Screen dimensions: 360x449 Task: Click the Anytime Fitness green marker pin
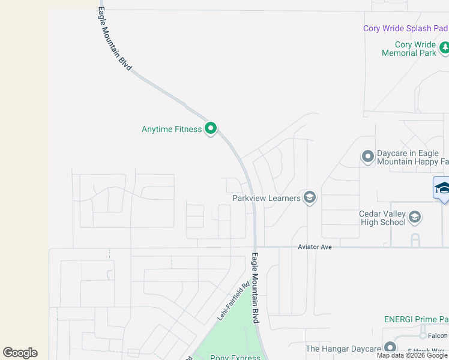[211, 128]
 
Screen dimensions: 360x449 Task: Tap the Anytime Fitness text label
[172, 129]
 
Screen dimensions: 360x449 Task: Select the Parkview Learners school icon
[310, 197]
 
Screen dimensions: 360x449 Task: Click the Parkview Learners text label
[267, 198]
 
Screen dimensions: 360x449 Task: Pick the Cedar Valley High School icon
[415, 217]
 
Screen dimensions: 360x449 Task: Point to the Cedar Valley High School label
[382, 218]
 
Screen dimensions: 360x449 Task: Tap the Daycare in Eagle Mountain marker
[368, 157]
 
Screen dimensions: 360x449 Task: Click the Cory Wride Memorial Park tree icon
[444, 47]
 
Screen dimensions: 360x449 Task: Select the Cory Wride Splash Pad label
[405, 28]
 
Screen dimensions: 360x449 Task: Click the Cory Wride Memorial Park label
[409, 49]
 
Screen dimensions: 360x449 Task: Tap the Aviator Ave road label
[315, 247]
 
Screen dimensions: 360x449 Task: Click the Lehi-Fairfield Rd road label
[233, 301]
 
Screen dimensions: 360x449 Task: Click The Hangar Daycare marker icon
[390, 347]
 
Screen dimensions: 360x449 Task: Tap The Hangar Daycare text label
[343, 349]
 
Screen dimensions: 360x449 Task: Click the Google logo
[20, 353]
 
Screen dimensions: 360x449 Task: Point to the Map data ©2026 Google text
[412, 355]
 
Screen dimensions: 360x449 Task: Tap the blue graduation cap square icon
[442, 188]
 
